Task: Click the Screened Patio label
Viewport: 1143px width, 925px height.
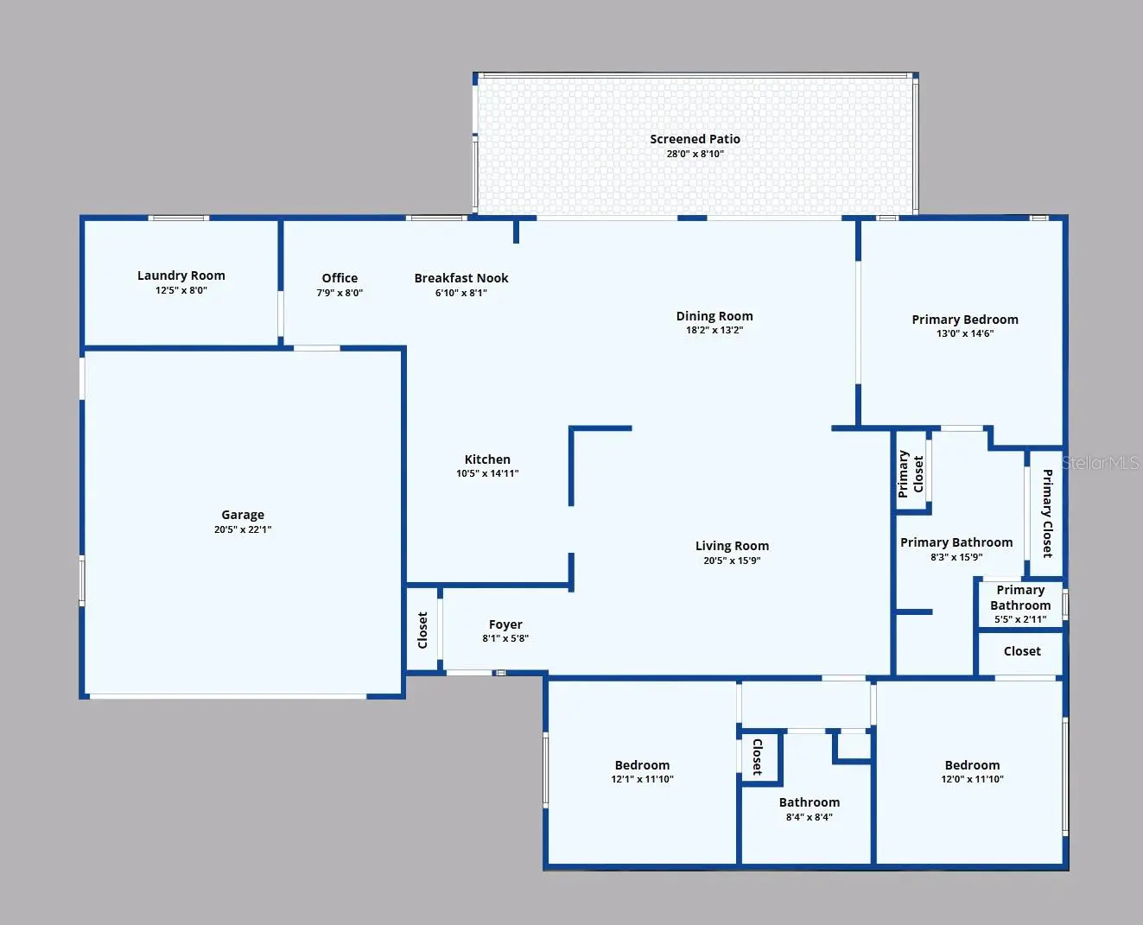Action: [695, 140]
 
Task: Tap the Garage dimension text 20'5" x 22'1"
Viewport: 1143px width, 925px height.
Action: [243, 529]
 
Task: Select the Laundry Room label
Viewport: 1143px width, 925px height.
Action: [181, 276]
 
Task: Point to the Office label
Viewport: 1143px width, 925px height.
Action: [340, 278]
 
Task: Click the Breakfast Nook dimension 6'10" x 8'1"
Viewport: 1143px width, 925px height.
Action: [461, 293]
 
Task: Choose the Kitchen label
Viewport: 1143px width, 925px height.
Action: [487, 459]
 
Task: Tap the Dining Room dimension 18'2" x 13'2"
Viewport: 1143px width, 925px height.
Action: [714, 330]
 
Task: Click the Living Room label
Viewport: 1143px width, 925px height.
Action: [732, 546]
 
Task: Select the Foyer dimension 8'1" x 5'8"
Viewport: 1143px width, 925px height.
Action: [505, 638]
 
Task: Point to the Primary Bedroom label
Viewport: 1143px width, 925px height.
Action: [965, 320]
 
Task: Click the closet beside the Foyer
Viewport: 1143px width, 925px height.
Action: [422, 630]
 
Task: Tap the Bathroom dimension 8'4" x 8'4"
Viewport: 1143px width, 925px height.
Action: [810, 817]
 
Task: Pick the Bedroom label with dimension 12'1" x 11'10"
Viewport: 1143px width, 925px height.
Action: [642, 765]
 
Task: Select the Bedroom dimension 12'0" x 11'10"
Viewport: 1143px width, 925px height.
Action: [972, 779]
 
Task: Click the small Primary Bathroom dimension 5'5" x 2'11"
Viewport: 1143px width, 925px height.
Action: [1020, 619]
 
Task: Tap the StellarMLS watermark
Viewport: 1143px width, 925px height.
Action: [1100, 463]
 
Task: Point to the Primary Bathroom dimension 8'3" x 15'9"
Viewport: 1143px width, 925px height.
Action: [956, 557]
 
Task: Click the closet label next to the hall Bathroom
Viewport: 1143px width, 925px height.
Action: [757, 757]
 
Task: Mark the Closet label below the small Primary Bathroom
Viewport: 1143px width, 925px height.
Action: [1022, 651]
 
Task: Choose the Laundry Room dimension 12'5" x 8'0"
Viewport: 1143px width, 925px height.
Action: [181, 290]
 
